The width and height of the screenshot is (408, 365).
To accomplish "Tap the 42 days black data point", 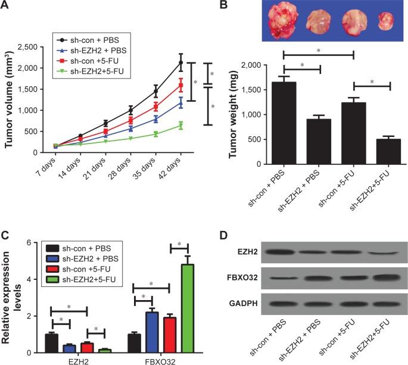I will (181, 62).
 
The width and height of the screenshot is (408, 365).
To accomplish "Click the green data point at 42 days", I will (181, 126).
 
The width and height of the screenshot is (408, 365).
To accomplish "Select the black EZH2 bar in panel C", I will (52, 343).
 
